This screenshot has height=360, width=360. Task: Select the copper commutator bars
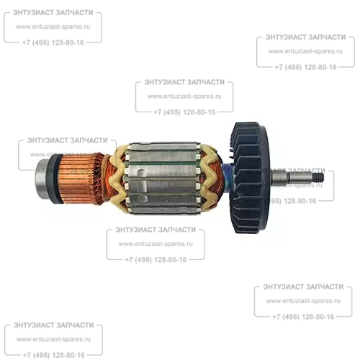[x=77, y=179]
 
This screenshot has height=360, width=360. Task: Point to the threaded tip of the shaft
[x=319, y=178]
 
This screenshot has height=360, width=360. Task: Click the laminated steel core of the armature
[x=163, y=178]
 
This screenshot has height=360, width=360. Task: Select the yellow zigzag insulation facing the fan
[x=210, y=178]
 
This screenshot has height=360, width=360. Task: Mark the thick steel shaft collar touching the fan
[x=279, y=178]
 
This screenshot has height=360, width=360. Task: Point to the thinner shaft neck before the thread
[x=301, y=178]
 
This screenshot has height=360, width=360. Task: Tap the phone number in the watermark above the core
[x=184, y=112]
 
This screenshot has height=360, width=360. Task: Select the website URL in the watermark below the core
[x=156, y=244]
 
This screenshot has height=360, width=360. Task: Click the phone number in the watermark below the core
[x=156, y=260]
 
